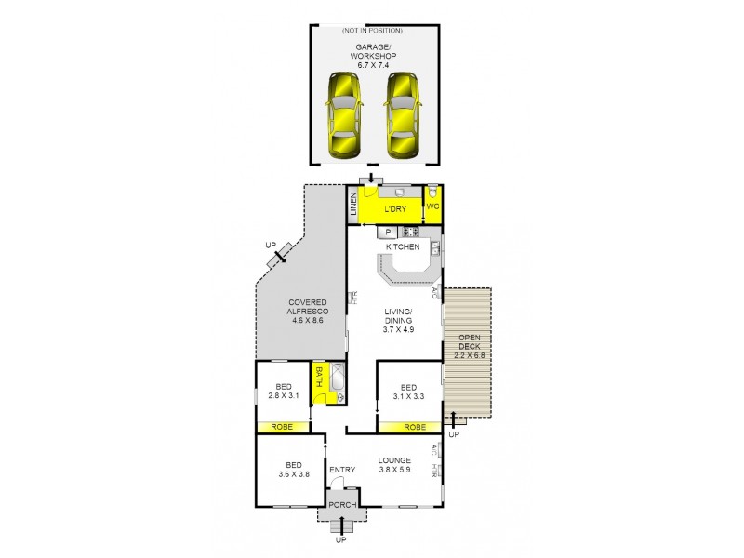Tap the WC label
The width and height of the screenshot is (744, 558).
click(x=432, y=206)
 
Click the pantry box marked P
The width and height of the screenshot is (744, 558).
click(x=387, y=232)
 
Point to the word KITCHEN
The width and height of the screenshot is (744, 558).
click(x=404, y=246)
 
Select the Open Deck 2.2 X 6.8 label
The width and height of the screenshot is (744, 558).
click(x=468, y=346)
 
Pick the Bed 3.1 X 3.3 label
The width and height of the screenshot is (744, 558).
click(x=408, y=392)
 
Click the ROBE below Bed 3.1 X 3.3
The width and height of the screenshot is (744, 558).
click(x=416, y=427)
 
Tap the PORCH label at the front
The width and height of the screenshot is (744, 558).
click(x=339, y=507)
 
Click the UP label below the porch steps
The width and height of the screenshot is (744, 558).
click(x=339, y=540)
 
